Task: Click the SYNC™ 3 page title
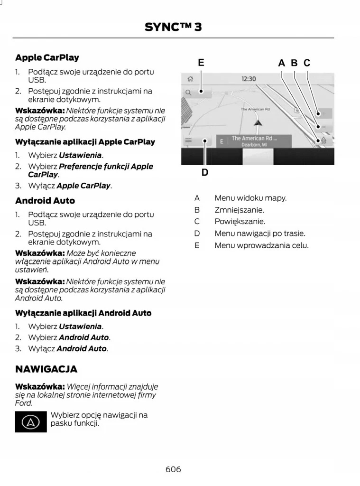(173, 27)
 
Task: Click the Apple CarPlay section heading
(47, 57)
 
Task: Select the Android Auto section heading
(45, 201)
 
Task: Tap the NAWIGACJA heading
(46, 369)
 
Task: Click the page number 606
(173, 469)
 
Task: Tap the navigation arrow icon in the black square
(31, 422)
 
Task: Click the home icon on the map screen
(190, 79)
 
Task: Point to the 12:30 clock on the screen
(249, 79)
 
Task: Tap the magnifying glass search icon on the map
(189, 93)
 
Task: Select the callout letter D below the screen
(204, 172)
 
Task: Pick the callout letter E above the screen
(201, 63)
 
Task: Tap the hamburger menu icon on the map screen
(189, 141)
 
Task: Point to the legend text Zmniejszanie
(239, 209)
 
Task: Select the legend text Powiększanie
(240, 221)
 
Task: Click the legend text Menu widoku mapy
(250, 197)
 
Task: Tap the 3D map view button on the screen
(323, 140)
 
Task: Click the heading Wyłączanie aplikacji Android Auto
(83, 313)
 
